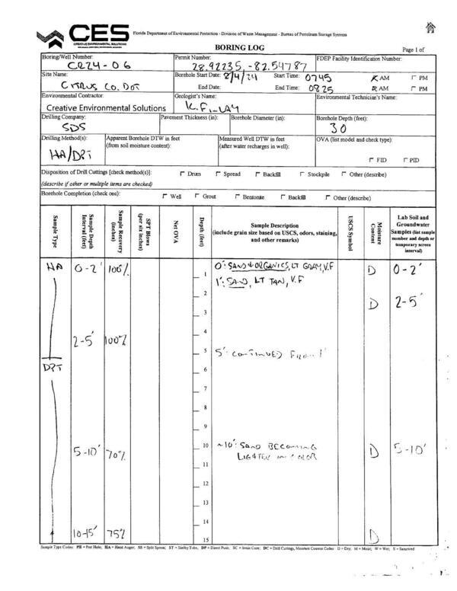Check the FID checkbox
(371, 160)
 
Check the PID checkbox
(408, 160)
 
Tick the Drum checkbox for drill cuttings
(182, 174)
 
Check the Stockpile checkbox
(302, 174)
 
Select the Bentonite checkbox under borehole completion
(237, 196)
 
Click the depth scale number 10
(205, 446)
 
